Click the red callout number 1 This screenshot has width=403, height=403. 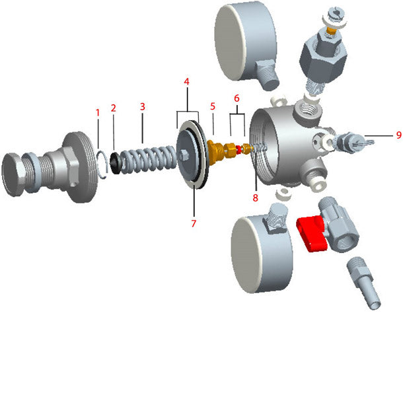[98, 112]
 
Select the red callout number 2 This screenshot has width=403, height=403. [114, 107]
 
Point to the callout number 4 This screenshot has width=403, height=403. [187, 81]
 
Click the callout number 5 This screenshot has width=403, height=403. [213, 106]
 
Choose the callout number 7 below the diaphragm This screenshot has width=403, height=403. [194, 223]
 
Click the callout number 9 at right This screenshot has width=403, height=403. [398, 135]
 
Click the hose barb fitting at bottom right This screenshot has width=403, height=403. [364, 284]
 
